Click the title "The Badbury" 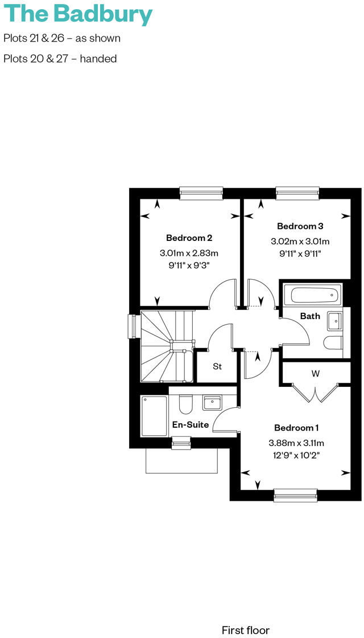78,14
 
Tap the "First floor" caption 245,629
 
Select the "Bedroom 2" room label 189,238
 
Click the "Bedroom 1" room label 296,428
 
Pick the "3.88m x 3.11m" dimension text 296,443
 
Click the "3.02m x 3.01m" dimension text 300,241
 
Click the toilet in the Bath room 333,343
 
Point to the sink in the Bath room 335,322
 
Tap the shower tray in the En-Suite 154,416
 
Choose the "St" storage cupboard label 217,366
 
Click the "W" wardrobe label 315,374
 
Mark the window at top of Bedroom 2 200,193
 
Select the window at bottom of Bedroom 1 295,496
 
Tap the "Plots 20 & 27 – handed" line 60,59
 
